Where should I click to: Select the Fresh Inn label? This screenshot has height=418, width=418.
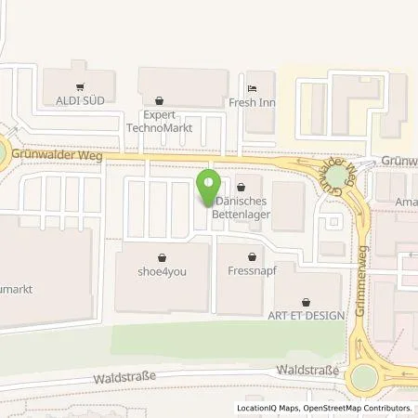254,105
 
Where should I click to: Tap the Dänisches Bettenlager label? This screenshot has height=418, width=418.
243,207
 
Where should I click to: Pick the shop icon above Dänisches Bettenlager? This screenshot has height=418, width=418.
243,185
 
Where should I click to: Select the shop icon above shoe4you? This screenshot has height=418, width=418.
163,256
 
